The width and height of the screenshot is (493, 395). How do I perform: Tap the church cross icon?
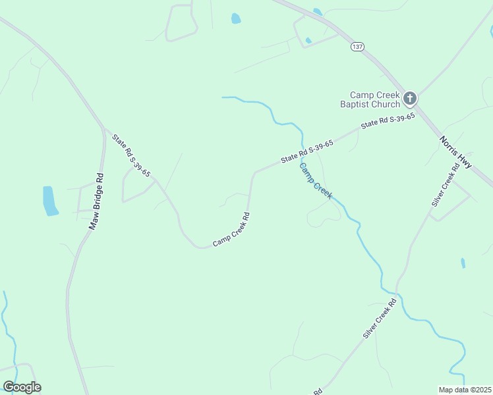pos(410,99)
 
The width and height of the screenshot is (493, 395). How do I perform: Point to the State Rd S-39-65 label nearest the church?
pos(388,120)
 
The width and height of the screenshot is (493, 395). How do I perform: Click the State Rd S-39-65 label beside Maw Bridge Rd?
pos(131,155)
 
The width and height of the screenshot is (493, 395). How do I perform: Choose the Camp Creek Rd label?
pos(231,230)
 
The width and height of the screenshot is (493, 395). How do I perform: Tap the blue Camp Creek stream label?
pos(316,180)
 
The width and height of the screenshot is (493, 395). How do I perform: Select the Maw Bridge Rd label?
pos(97,201)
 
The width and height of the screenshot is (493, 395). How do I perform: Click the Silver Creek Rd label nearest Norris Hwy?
pos(445,186)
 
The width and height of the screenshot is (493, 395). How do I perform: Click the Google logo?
pos(22,387)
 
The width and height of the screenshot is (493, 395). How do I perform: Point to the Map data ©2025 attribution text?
pos(465,390)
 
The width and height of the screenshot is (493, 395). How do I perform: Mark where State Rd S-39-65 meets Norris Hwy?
pos(420,109)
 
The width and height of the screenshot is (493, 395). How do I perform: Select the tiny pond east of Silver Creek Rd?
pos(463,263)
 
